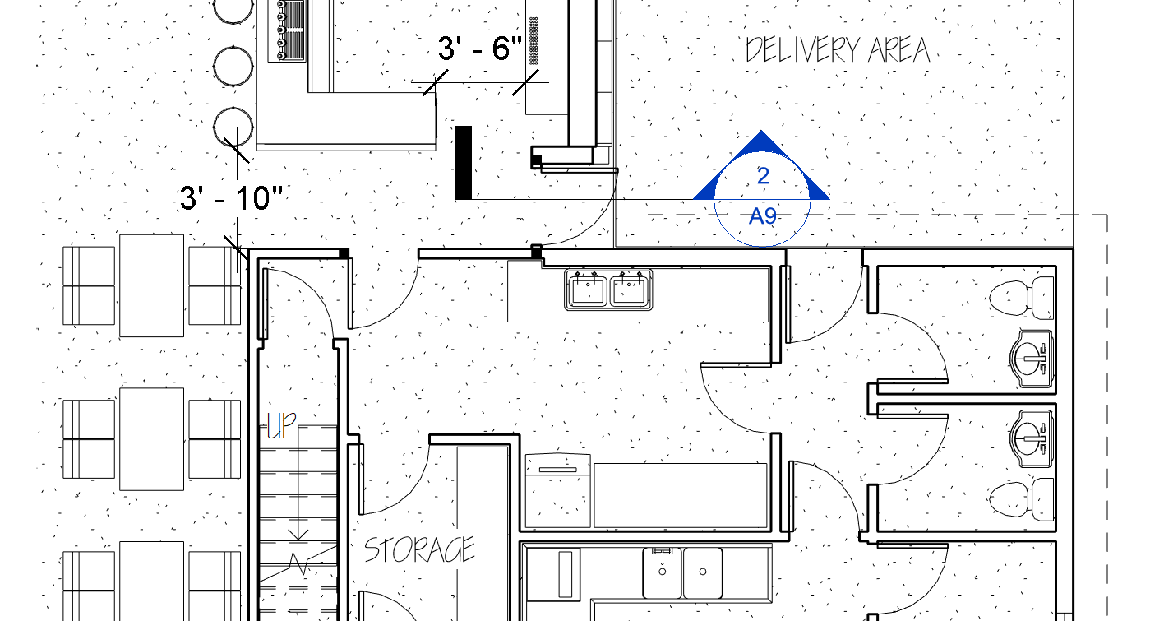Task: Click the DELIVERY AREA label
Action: (x=838, y=50)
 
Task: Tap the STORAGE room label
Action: (x=419, y=549)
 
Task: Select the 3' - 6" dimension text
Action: (x=479, y=49)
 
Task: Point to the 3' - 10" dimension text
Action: (x=231, y=198)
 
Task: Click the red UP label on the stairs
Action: (x=281, y=425)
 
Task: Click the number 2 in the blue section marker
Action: (x=763, y=176)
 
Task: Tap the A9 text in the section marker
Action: (x=763, y=215)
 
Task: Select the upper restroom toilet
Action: (x=1021, y=298)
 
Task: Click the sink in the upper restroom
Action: (x=1032, y=359)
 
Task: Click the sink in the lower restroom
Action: (x=1032, y=438)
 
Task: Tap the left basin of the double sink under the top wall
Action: (x=588, y=290)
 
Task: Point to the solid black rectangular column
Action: (x=464, y=163)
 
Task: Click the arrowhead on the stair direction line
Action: (x=298, y=534)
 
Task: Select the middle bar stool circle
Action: (x=233, y=67)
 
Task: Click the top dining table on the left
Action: (x=152, y=285)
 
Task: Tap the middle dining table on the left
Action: (x=152, y=439)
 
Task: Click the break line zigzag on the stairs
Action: (x=298, y=563)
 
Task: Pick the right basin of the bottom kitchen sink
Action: (x=703, y=572)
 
